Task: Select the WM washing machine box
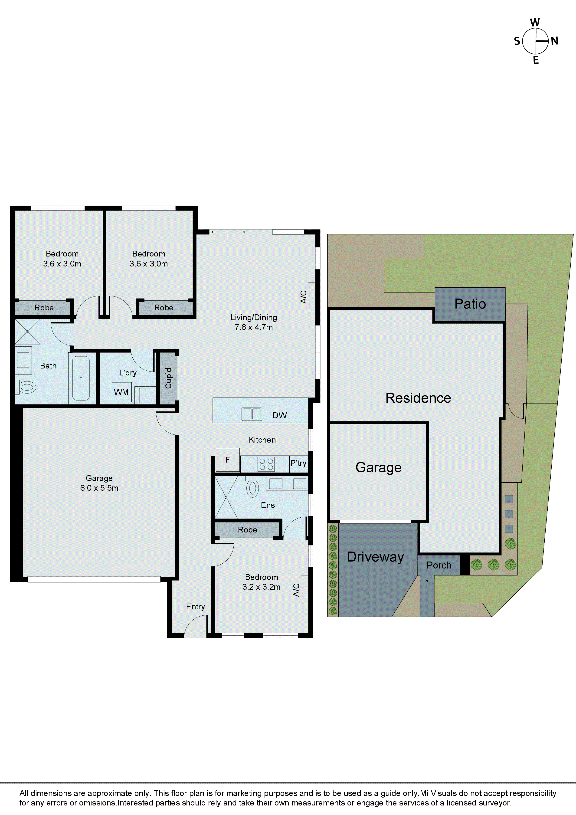(x=121, y=392)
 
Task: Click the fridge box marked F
(x=227, y=460)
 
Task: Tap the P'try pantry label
(x=298, y=463)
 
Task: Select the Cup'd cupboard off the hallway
(x=168, y=378)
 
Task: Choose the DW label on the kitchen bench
(x=280, y=415)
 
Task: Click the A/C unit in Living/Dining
(x=311, y=297)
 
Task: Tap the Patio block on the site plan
(x=470, y=304)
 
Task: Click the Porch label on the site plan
(x=439, y=565)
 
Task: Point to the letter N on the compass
(x=554, y=41)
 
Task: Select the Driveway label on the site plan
(x=375, y=557)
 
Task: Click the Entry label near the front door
(x=195, y=607)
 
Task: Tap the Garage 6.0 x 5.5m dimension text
(x=99, y=488)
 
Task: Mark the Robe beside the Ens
(x=247, y=530)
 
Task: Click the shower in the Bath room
(x=27, y=332)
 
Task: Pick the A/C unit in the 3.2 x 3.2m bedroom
(x=304, y=590)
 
